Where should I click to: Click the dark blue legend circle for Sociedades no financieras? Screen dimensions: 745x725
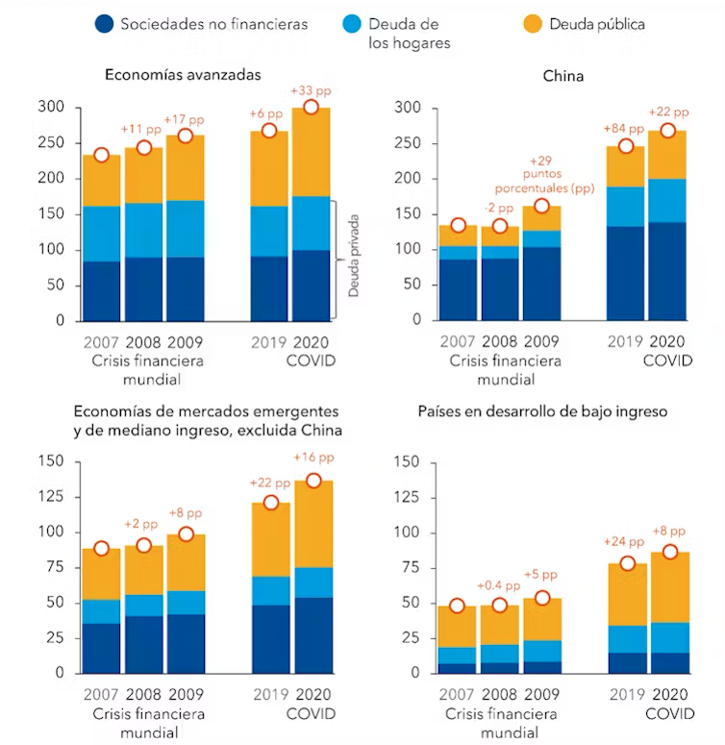106,24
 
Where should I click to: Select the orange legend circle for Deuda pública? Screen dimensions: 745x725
534,24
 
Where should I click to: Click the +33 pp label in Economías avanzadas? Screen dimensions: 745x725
312,91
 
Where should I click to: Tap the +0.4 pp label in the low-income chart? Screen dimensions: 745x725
499,585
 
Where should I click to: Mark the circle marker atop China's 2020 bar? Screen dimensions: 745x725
667,131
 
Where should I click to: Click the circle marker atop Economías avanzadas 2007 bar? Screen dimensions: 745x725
101,156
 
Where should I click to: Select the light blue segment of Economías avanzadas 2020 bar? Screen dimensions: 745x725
312,223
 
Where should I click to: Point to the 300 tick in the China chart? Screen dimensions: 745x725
409,108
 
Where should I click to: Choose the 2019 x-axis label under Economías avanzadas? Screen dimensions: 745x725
269,341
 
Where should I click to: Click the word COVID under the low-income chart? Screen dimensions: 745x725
668,714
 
